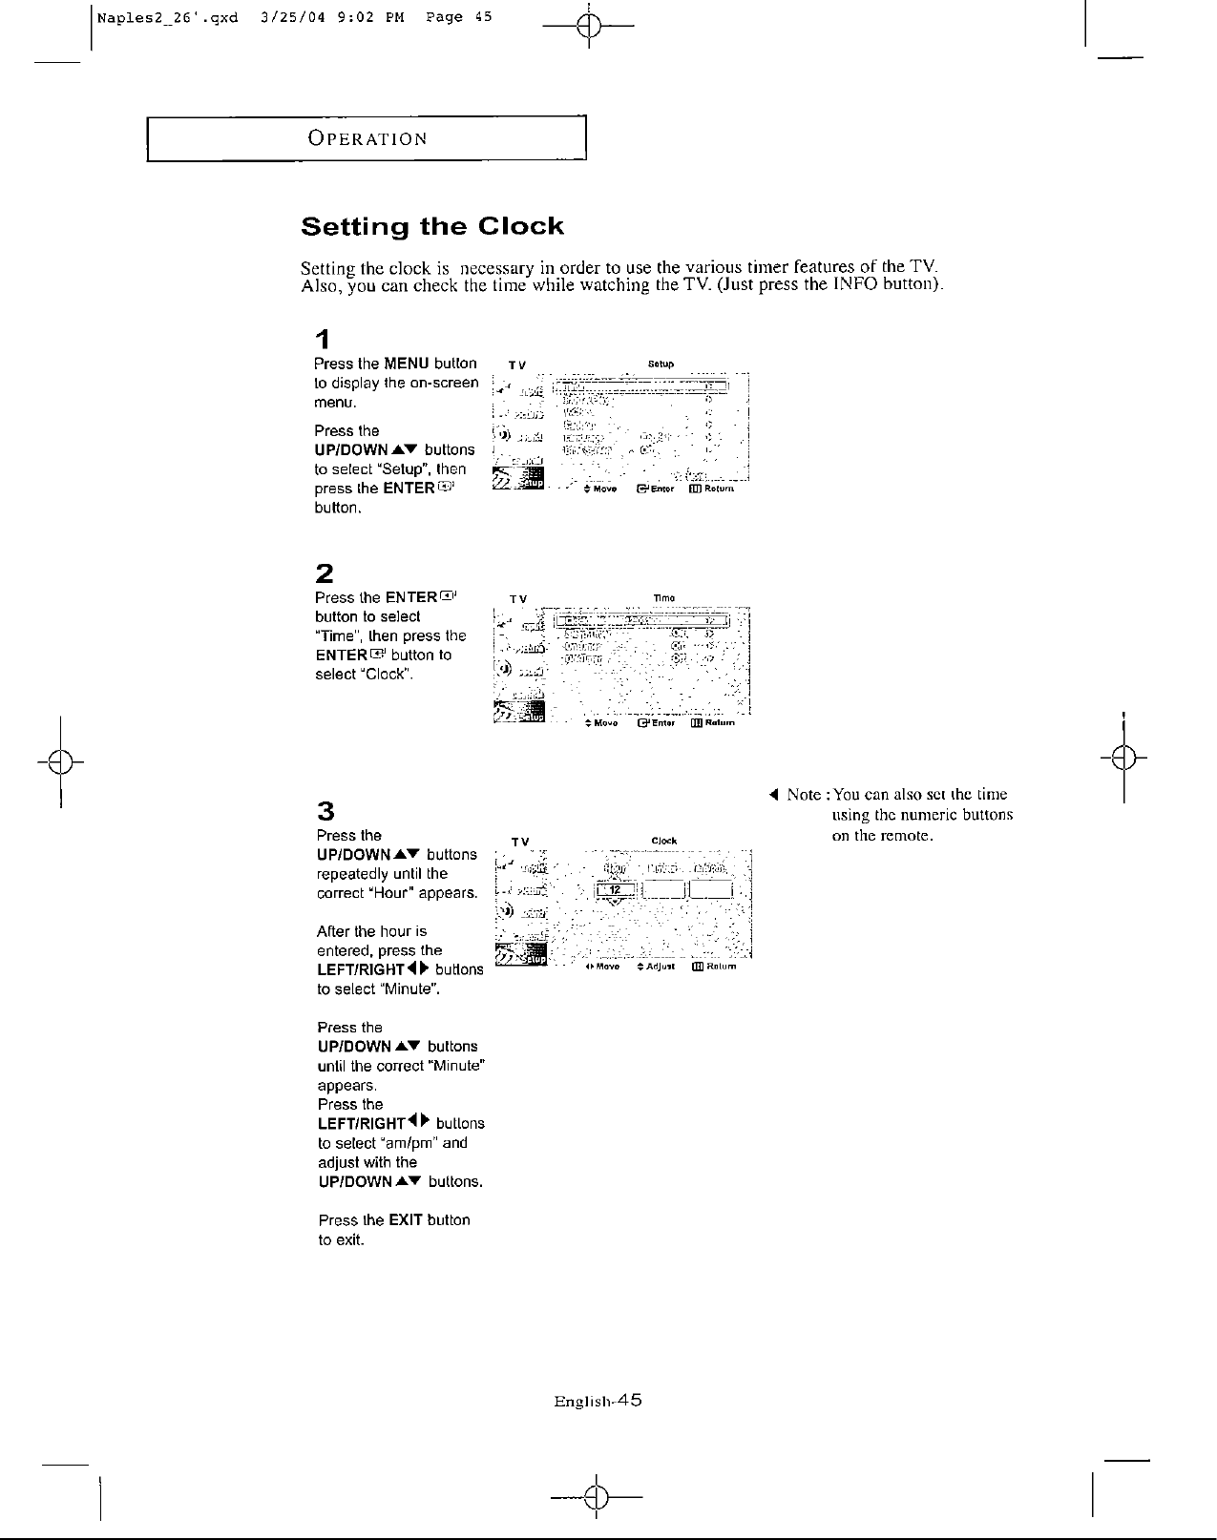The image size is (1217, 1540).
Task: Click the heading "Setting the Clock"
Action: pyautogui.click(x=431, y=227)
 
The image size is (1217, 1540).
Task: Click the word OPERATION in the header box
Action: pyautogui.click(x=367, y=138)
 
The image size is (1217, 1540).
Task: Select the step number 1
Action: pyautogui.click(x=325, y=339)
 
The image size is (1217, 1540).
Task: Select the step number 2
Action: pyautogui.click(x=325, y=573)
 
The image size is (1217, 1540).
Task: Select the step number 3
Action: pyautogui.click(x=325, y=811)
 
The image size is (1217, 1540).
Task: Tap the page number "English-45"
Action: pyautogui.click(x=598, y=1402)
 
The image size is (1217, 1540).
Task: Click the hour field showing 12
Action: pyautogui.click(x=616, y=890)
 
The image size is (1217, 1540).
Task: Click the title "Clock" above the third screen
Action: pyautogui.click(x=663, y=841)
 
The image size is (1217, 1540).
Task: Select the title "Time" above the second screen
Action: pyautogui.click(x=663, y=598)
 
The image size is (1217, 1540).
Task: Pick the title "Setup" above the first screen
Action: pyautogui.click(x=661, y=364)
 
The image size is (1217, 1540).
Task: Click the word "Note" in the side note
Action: pyautogui.click(x=804, y=795)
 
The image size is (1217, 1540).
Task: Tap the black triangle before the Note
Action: pyautogui.click(x=775, y=795)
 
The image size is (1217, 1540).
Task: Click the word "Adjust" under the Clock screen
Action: pyautogui.click(x=661, y=967)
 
